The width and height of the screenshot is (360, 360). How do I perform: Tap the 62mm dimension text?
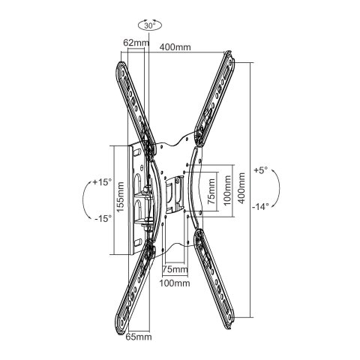point(136,43)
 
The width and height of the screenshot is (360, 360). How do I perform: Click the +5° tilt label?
point(260,169)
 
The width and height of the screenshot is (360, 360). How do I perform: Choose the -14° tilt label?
point(260,206)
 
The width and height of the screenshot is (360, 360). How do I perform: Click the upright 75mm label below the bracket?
point(174,269)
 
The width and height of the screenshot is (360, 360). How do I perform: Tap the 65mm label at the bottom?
point(139,337)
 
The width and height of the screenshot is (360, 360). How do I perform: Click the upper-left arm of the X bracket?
point(130,97)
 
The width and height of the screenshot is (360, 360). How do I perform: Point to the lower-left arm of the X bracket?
point(136,289)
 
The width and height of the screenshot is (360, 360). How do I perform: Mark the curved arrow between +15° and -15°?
point(85,199)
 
